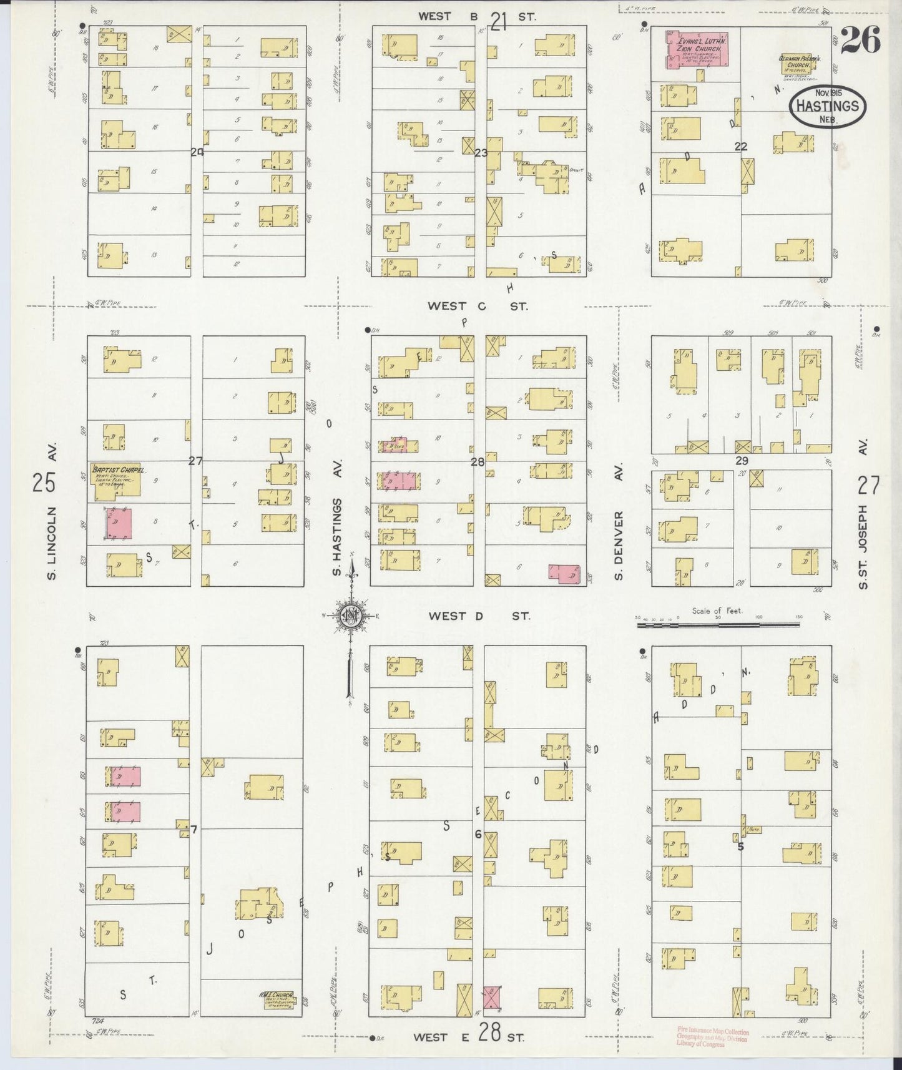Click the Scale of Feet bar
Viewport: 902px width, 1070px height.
718,623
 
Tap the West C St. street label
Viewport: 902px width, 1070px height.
478,307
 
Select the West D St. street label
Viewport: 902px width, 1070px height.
479,616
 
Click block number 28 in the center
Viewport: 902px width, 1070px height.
478,463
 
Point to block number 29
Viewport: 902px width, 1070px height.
742,461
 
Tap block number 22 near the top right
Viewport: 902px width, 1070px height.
741,147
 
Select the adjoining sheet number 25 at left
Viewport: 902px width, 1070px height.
46,483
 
